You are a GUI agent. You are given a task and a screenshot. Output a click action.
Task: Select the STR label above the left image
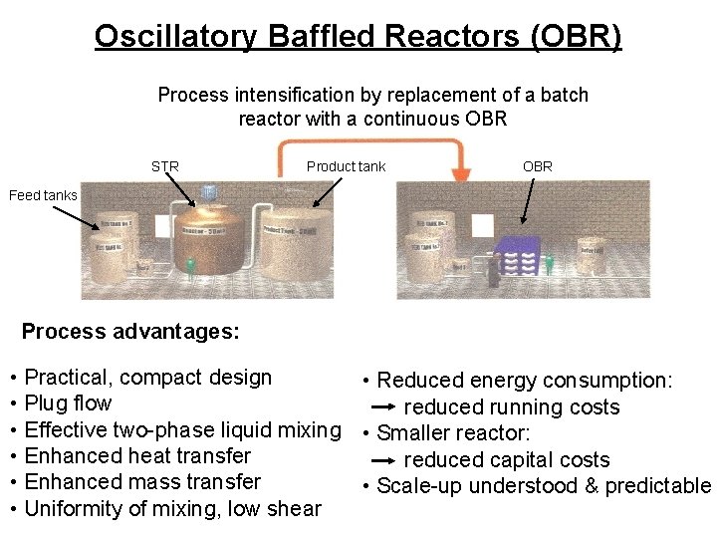[165, 166]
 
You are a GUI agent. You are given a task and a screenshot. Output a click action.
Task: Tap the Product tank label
[346, 166]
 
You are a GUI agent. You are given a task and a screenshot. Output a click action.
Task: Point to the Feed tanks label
[43, 195]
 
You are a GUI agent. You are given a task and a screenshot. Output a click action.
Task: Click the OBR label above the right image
[537, 166]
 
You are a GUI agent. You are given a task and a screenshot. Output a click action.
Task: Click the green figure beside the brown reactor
[190, 266]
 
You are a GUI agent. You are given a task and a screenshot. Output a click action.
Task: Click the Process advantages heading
[130, 332]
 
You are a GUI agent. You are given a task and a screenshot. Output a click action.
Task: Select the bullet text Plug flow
[68, 403]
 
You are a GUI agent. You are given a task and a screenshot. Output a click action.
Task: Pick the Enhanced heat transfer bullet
[137, 456]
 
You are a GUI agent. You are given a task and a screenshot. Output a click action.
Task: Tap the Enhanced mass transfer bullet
[142, 482]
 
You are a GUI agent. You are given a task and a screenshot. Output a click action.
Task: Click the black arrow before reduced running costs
[383, 407]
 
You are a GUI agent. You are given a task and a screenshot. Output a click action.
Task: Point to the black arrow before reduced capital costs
[383, 460]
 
